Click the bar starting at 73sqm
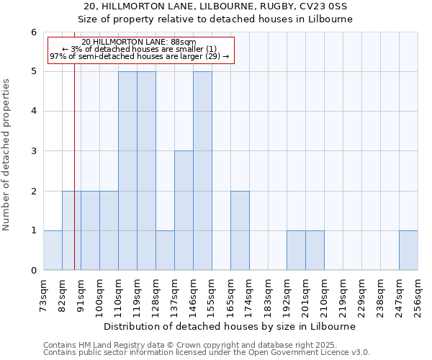pos(53,250)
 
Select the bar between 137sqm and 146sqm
pos(184,210)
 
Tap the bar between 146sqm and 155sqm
pos(202,171)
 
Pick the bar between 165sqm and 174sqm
pos(240,230)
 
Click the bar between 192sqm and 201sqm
pos(296,250)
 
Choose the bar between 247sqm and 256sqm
pos(408,250)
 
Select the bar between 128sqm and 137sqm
pos(165,250)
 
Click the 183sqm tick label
pos(268,294)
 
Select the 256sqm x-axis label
pos(418,294)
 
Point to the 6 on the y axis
pos(33,32)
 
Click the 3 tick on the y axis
pos(33,151)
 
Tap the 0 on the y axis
pos(33,270)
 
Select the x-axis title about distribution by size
pos(230,326)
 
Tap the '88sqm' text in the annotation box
pos(183,42)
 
